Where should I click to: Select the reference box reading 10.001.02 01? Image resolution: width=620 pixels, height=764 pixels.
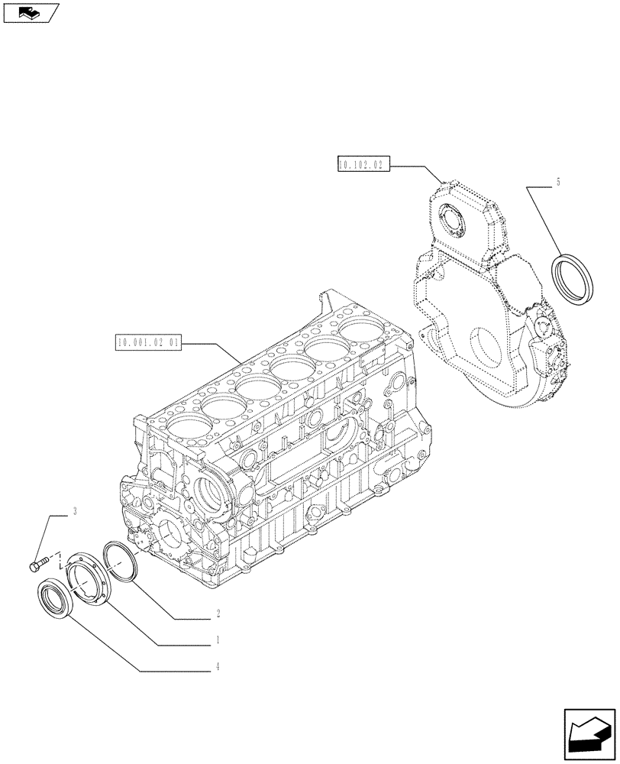(149, 343)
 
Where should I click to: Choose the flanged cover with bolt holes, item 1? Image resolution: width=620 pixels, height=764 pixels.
(86, 580)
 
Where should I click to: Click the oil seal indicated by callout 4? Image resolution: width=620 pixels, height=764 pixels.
(54, 601)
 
